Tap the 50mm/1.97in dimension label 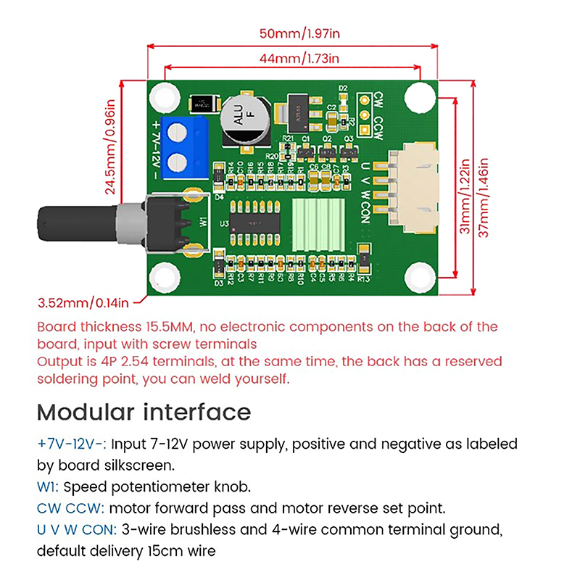pos(292,33)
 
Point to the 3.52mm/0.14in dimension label pos(83,302)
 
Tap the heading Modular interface pos(144,412)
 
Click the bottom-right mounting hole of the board pos(419,278)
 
